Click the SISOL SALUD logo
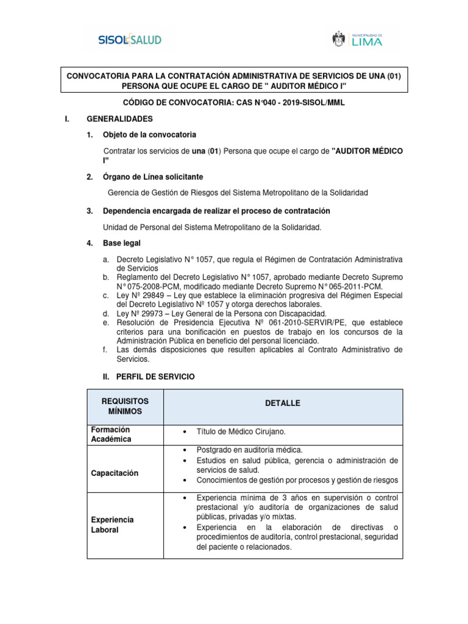[130, 40]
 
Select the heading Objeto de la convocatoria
[150, 134]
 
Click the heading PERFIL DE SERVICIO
[155, 377]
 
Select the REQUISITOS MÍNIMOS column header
[124, 406]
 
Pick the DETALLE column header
[283, 403]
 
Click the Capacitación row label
[115, 473]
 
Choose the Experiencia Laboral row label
[113, 525]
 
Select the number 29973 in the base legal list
[146, 313]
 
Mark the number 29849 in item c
[146, 296]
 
